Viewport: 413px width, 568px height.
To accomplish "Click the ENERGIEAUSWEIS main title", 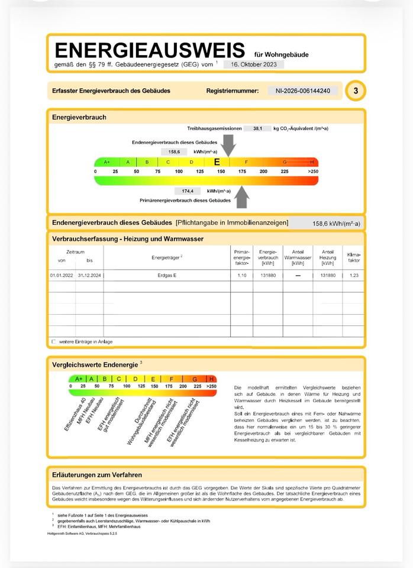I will point(149,50).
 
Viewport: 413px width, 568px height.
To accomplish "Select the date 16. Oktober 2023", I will point(253,64).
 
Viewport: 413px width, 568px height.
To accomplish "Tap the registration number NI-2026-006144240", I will point(303,91).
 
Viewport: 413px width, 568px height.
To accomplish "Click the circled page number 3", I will point(356,91).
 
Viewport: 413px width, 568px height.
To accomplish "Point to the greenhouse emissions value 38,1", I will point(258,128).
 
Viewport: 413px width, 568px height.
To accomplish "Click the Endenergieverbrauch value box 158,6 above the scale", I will point(174,152).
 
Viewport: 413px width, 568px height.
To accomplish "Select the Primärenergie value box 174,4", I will point(188,191).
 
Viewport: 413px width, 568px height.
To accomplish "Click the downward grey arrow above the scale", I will point(228,145).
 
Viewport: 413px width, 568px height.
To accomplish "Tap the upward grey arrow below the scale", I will point(241,197).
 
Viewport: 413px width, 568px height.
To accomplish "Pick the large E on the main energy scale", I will point(217,162).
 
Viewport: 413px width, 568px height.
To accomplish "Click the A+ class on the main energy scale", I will point(107,162).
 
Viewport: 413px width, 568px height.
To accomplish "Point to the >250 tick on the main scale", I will point(312,172).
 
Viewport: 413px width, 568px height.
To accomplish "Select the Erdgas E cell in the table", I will point(167,276).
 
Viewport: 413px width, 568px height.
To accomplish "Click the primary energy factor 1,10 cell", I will point(241,276).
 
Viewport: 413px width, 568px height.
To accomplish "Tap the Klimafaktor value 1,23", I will point(354,276).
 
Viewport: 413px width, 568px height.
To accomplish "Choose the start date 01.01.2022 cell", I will point(61,276).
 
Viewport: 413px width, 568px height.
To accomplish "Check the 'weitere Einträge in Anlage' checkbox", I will point(54,342).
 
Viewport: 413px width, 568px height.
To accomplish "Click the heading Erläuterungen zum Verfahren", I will point(97,475).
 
